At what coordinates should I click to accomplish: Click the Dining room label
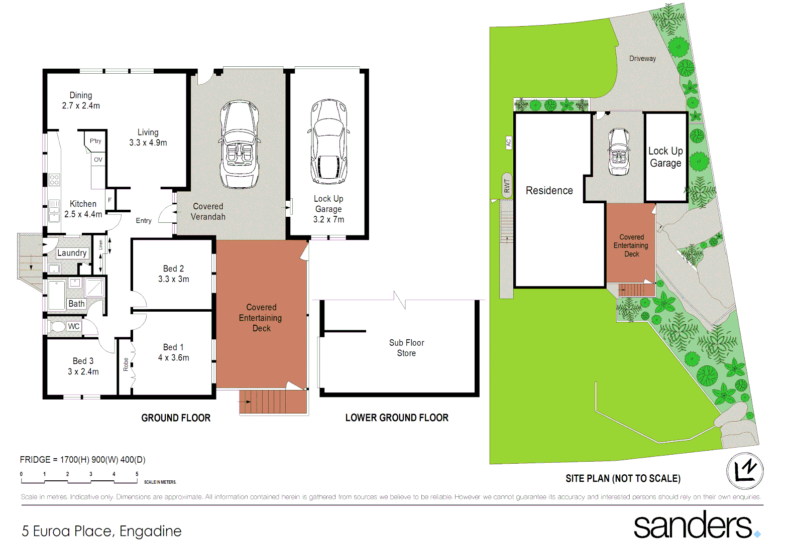click(81, 95)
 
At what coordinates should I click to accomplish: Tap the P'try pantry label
click(95, 141)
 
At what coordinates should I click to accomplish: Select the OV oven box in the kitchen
click(98, 160)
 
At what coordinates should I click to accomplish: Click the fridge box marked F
click(110, 200)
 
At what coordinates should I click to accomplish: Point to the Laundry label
click(72, 253)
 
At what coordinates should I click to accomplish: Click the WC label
click(74, 326)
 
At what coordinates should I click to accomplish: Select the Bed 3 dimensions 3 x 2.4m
click(83, 372)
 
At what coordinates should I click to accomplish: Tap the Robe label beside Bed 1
click(126, 364)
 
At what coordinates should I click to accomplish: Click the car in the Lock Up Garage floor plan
click(328, 142)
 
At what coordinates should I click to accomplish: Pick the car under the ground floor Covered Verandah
click(240, 144)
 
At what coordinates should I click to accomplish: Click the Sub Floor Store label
click(406, 348)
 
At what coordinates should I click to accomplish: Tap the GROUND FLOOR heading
click(176, 418)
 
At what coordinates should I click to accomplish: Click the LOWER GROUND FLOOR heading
click(397, 418)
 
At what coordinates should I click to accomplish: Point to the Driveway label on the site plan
click(642, 59)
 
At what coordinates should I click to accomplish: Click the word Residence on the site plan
click(549, 191)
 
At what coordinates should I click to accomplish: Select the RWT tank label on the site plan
click(507, 186)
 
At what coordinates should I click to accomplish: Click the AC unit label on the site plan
click(508, 143)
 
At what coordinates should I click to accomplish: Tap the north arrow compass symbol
click(745, 471)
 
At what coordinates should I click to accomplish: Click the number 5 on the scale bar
click(137, 474)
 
